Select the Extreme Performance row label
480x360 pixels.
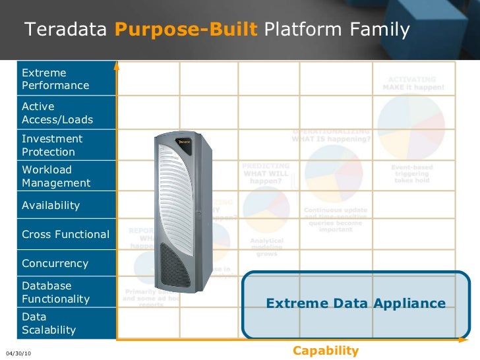tap(55, 79)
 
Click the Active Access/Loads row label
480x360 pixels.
tap(57, 113)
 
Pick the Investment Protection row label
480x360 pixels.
tap(52, 145)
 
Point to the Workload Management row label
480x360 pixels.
tap(56, 176)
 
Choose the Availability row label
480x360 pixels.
tap(51, 206)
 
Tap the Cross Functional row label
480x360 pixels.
tap(65, 235)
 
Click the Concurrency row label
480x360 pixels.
tap(55, 264)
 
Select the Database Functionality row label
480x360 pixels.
tap(55, 293)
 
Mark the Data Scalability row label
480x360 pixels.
tap(49, 323)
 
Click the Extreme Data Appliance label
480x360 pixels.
tap(356, 303)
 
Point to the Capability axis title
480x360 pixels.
tap(326, 351)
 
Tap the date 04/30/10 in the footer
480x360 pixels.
tap(18, 354)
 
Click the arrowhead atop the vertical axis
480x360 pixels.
tap(117, 65)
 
